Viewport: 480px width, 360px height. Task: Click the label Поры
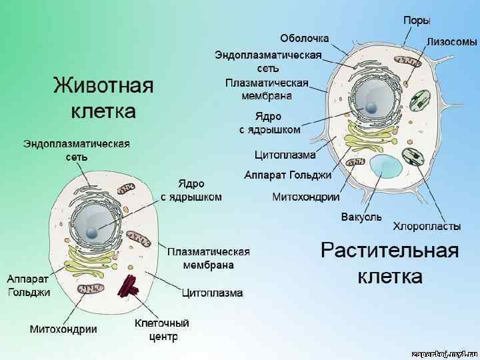tap(417, 21)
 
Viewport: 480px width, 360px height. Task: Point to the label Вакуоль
tap(361, 217)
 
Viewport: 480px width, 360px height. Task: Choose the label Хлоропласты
tap(427, 227)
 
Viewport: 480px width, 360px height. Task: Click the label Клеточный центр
tap(162, 330)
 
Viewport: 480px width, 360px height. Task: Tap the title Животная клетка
tap(103, 97)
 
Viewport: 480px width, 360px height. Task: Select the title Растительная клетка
tap(390, 262)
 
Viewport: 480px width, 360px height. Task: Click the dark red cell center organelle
tap(128, 287)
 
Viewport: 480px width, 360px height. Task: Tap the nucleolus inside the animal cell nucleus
tap(92, 232)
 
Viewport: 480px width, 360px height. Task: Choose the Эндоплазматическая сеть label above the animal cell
tap(77, 150)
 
